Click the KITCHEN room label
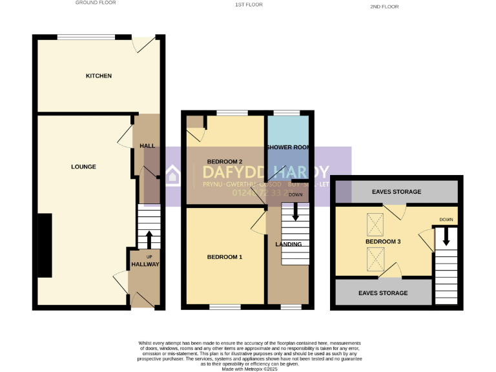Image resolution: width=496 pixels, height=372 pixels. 99,76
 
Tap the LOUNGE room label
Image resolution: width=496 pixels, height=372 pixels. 83,167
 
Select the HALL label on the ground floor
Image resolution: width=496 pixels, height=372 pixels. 147,146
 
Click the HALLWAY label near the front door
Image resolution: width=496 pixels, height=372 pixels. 145,264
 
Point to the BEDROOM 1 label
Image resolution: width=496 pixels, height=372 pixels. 225,257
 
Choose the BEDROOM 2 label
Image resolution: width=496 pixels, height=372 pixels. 224,161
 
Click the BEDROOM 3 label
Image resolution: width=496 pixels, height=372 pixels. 384,242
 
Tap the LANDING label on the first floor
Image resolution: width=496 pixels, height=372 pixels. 289,244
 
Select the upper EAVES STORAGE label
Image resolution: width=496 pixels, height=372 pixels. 397,192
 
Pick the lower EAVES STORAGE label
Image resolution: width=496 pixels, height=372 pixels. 384,293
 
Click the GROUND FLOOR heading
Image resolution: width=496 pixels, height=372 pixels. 96,3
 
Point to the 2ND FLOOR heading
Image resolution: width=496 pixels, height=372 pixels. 384,6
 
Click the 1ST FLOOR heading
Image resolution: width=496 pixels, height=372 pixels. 249,6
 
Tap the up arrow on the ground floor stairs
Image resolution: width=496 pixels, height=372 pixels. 149,240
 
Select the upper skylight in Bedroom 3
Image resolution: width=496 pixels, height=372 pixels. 375,224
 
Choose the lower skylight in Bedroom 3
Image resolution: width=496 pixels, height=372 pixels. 375,260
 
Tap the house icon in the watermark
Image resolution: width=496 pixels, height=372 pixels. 174,176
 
